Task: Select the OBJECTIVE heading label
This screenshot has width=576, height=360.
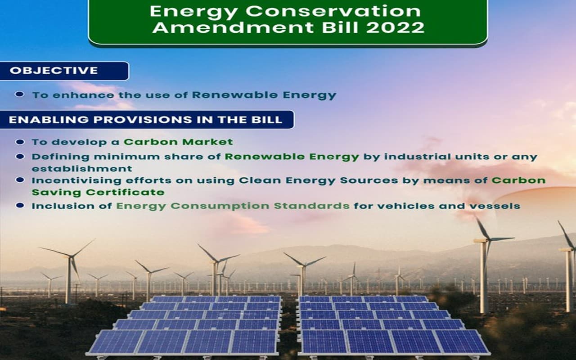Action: click(x=54, y=71)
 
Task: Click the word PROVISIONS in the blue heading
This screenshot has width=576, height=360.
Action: click(x=137, y=120)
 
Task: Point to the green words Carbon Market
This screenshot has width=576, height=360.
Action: click(x=178, y=142)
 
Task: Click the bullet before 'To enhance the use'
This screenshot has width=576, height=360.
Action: click(x=20, y=94)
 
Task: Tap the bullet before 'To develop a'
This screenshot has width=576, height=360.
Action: click(x=20, y=142)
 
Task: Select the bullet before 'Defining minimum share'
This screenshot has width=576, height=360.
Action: click(x=20, y=157)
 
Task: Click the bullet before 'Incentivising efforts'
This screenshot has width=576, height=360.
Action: click(x=20, y=180)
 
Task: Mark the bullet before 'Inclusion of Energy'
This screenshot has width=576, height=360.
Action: click(x=20, y=206)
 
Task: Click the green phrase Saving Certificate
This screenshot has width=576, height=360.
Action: click(x=98, y=192)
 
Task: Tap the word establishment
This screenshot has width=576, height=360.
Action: click(x=82, y=169)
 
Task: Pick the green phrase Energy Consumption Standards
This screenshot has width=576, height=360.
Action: click(x=233, y=206)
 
